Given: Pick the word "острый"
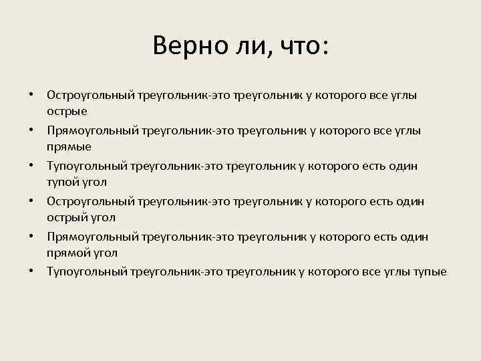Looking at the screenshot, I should point(67,218).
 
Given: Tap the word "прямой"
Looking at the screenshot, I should point(69,253).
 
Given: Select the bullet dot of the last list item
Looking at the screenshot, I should point(31,271).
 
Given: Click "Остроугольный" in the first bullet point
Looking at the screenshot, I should point(91,95).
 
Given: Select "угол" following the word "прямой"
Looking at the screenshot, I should point(107,253).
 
